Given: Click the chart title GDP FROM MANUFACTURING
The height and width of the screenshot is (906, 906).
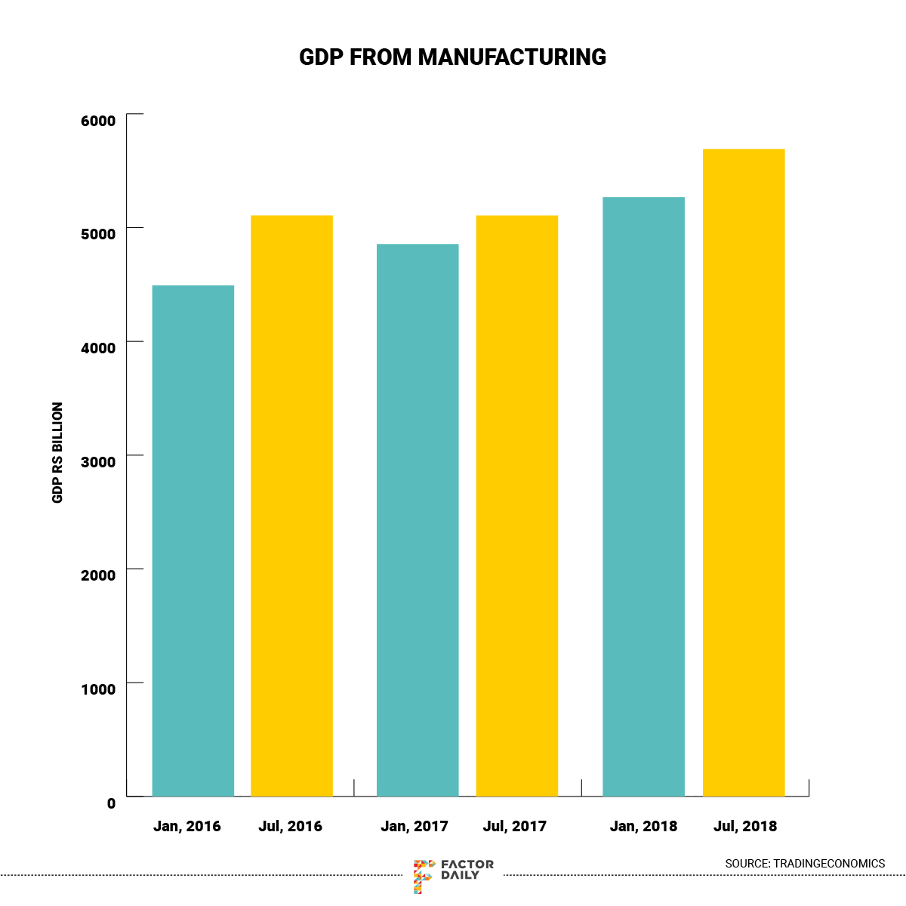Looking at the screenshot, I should [452, 57].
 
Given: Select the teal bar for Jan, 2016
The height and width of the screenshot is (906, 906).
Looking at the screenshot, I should [193, 541].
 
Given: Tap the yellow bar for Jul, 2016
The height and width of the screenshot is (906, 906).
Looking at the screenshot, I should [291, 506].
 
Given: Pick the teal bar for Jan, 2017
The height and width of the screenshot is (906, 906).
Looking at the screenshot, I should [418, 520].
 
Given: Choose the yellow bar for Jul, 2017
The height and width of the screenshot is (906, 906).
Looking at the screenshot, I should [516, 506].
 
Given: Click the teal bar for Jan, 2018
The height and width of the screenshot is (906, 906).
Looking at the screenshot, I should [643, 497].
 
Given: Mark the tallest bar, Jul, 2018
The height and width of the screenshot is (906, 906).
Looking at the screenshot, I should [744, 473].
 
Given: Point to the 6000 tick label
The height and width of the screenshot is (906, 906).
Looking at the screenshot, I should [99, 121].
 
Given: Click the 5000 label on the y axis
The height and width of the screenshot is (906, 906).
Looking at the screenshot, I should [99, 234].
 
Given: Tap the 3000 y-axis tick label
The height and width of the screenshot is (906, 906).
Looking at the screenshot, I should [99, 462].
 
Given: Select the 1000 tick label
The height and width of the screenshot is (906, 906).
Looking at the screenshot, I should [99, 689].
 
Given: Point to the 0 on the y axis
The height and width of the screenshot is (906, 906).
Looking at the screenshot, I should [111, 803].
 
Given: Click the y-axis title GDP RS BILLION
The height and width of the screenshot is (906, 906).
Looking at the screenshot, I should [57, 453].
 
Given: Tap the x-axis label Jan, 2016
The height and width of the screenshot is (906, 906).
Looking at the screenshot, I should [187, 826].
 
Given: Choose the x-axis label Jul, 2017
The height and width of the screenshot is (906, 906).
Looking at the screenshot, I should [515, 826].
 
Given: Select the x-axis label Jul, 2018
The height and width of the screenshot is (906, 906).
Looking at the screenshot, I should [745, 826].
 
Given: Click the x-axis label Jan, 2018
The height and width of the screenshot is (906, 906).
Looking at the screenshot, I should [643, 826].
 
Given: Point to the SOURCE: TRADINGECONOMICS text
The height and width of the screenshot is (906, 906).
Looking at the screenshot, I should [805, 863].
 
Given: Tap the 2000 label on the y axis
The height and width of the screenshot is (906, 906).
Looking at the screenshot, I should [99, 575].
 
